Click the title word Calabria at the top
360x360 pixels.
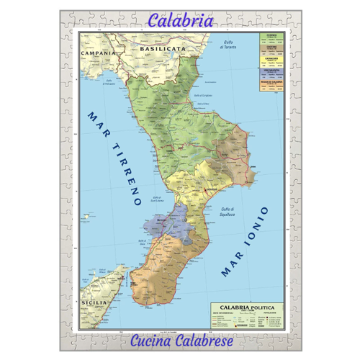180,21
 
